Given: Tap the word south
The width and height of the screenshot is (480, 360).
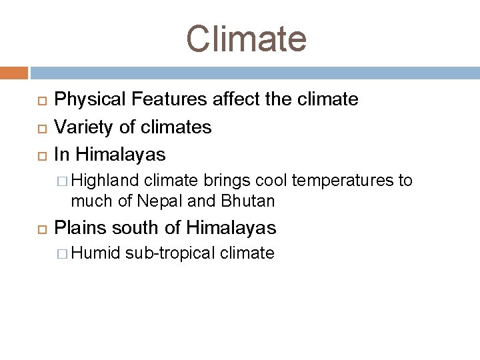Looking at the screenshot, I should [x=137, y=228].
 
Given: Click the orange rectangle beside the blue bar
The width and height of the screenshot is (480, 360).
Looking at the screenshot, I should [x=14, y=73].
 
